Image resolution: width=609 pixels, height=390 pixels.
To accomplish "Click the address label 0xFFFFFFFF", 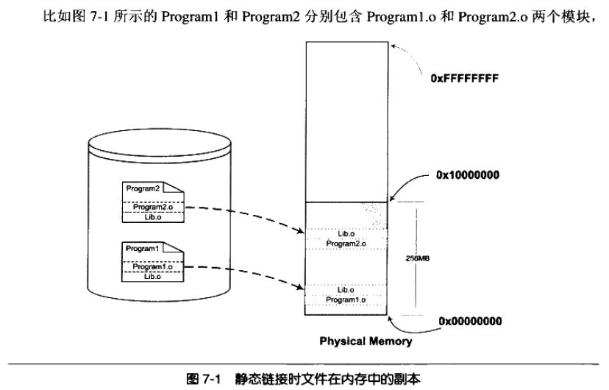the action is (x=464, y=79).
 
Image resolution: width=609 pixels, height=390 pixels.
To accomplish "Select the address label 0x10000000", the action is (x=468, y=175).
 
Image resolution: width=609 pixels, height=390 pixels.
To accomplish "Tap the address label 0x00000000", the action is (x=470, y=322).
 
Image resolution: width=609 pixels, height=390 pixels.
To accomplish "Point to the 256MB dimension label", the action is (x=418, y=258).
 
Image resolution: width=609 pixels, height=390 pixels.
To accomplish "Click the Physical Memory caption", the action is (x=366, y=341).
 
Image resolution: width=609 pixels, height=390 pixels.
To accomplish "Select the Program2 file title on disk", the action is (x=143, y=189).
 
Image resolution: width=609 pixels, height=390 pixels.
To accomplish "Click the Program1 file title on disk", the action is (x=142, y=249).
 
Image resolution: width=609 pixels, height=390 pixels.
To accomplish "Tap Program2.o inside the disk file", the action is (x=153, y=207).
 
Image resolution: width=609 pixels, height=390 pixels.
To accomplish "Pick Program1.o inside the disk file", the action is (x=152, y=267).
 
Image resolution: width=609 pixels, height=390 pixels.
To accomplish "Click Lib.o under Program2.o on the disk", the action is (x=153, y=217).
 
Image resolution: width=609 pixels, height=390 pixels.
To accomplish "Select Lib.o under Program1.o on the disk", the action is (x=152, y=277).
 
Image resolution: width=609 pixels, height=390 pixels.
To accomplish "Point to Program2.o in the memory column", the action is (x=346, y=244).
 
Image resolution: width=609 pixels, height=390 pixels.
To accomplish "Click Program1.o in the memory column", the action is (x=345, y=300).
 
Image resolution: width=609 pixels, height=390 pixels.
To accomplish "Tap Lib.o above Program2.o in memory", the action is (x=346, y=234).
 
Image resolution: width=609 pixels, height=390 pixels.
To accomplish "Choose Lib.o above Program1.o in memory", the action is (x=345, y=290).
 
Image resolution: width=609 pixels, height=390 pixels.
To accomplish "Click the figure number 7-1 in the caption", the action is (x=211, y=378).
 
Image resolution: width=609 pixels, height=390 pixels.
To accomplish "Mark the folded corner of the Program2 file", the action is (x=174, y=188).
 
